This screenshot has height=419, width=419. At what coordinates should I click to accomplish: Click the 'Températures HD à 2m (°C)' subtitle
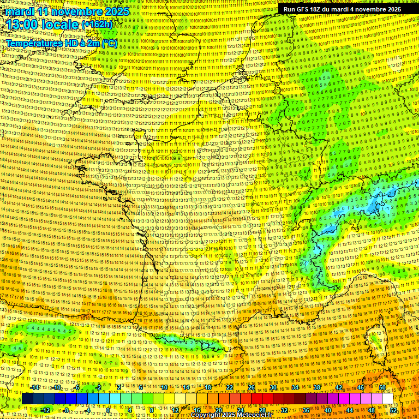[x=61, y=43]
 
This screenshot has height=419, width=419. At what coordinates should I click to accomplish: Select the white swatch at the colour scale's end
[x=387, y=399]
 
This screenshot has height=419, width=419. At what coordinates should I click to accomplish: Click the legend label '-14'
[x=35, y=387]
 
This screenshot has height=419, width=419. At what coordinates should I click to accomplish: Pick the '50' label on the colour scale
[x=382, y=387]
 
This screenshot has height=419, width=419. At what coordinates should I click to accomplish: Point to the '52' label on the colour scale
[x=393, y=410]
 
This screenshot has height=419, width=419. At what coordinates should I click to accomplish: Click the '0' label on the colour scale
[x=109, y=410]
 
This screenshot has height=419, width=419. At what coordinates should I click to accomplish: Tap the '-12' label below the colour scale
[x=46, y=410]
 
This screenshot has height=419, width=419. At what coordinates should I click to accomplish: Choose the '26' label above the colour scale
[x=252, y=387]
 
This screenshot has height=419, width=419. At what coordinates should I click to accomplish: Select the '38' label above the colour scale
[x=317, y=387]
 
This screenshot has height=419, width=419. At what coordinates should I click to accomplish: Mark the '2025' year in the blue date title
[x=116, y=11]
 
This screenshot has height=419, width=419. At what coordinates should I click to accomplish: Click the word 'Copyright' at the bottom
[x=207, y=415]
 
